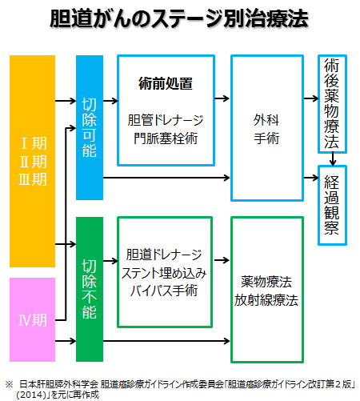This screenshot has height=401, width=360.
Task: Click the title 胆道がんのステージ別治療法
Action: click(x=179, y=18)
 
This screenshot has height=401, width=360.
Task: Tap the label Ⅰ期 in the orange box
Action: click(x=34, y=143)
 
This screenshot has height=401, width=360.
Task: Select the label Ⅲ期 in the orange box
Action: click(x=33, y=179)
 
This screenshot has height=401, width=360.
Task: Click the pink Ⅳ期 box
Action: click(x=32, y=319)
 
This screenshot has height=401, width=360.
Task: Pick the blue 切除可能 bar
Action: click(x=90, y=127)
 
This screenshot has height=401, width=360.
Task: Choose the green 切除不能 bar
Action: click(x=90, y=289)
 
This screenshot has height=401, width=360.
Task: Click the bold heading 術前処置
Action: click(x=166, y=83)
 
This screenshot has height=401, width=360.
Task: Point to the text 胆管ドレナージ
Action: click(x=166, y=120)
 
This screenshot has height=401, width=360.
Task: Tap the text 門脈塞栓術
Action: click(x=166, y=138)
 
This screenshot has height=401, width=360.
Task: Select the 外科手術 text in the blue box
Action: click(x=266, y=129)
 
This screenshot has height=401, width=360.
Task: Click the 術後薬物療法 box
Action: click(x=332, y=104)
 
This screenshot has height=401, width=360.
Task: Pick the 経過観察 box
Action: click(x=332, y=205)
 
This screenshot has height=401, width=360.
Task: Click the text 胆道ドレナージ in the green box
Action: click(x=164, y=255)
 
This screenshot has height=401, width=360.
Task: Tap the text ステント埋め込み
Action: click(x=164, y=273)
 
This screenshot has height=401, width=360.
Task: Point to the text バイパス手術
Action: click(x=164, y=291)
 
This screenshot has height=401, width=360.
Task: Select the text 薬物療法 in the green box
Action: click(x=266, y=282)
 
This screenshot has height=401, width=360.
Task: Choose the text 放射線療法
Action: click(x=266, y=300)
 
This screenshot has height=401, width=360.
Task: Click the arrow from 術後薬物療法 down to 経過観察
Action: click(x=332, y=159)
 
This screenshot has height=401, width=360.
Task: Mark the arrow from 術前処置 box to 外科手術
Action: click(x=222, y=98)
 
